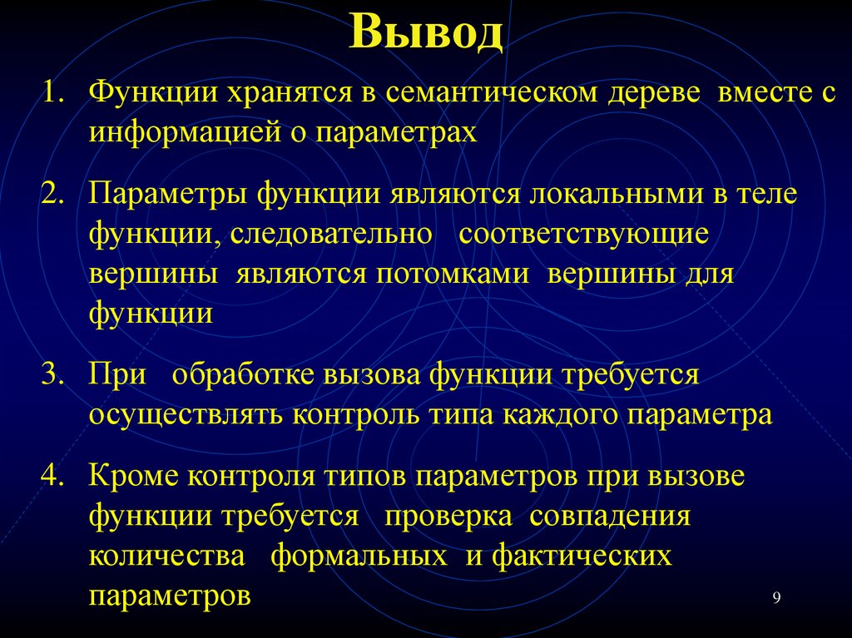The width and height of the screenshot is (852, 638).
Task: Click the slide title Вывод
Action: pos(426,33)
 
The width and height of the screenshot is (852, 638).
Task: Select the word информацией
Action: pos(186,133)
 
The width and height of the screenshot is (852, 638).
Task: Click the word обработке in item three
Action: pos(255,375)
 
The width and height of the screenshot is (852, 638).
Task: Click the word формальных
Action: pos(359,556)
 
